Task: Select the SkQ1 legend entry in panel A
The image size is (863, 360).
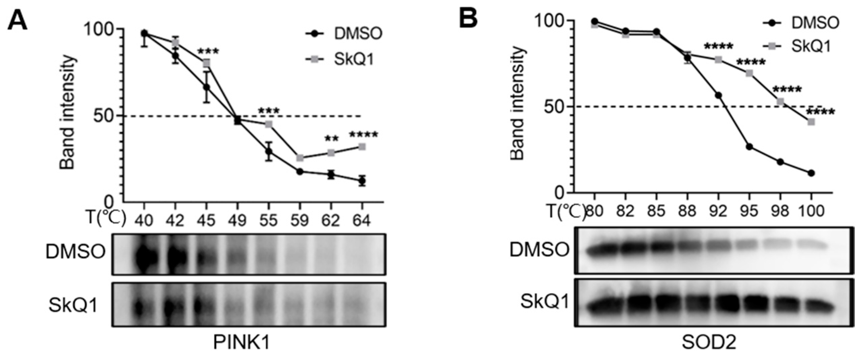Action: click(354, 60)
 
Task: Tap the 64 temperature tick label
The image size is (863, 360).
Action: click(362, 221)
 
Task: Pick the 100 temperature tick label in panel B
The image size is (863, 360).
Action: click(811, 211)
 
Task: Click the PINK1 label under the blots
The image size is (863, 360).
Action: click(242, 343)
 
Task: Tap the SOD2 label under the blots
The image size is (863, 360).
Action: click(709, 343)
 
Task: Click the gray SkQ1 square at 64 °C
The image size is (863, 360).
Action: click(362, 147)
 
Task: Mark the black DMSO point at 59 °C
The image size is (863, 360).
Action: click(300, 172)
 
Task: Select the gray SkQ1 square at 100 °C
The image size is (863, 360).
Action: click(811, 122)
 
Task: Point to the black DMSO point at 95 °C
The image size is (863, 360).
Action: click(749, 147)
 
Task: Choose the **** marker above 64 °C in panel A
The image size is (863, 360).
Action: click(363, 135)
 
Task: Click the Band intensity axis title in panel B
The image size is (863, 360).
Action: click(517, 103)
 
